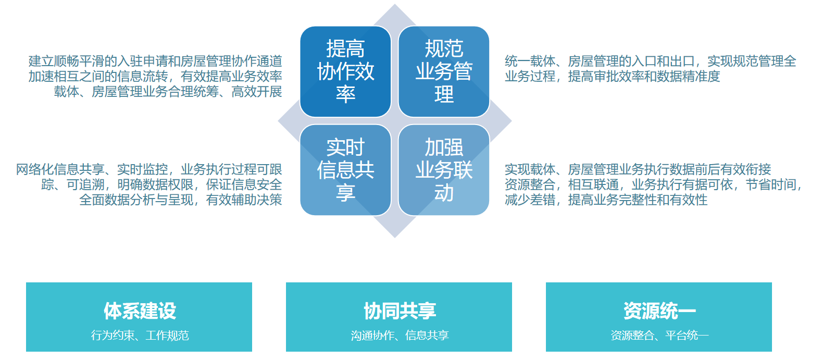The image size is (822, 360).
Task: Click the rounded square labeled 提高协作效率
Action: [345, 71]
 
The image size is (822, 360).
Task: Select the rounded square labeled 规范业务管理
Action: [444, 71]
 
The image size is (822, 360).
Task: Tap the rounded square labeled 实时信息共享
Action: [345, 170]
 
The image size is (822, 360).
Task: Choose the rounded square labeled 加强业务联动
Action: [444, 170]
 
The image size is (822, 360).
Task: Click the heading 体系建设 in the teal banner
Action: [140, 311]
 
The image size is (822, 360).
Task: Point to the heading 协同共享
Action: [400, 311]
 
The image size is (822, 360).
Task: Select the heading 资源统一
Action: [659, 311]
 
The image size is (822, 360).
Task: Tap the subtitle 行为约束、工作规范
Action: [140, 335]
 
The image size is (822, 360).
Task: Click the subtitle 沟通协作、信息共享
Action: [400, 335]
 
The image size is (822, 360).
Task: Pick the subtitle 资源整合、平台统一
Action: [659, 335]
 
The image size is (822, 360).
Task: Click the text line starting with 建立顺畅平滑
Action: [155, 61]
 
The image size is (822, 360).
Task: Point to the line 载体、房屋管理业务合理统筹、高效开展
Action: [168, 91]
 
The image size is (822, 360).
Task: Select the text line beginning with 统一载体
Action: [650, 61]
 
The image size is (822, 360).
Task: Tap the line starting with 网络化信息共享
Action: [149, 169]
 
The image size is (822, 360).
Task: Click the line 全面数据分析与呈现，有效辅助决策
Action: [181, 200]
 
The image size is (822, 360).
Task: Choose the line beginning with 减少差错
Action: [606, 200]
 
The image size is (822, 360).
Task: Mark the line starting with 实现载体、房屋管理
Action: [638, 169]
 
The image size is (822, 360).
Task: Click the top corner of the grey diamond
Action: [395, 4]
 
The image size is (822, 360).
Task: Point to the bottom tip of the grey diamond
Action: [395, 238]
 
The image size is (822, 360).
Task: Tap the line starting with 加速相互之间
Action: [155, 76]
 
